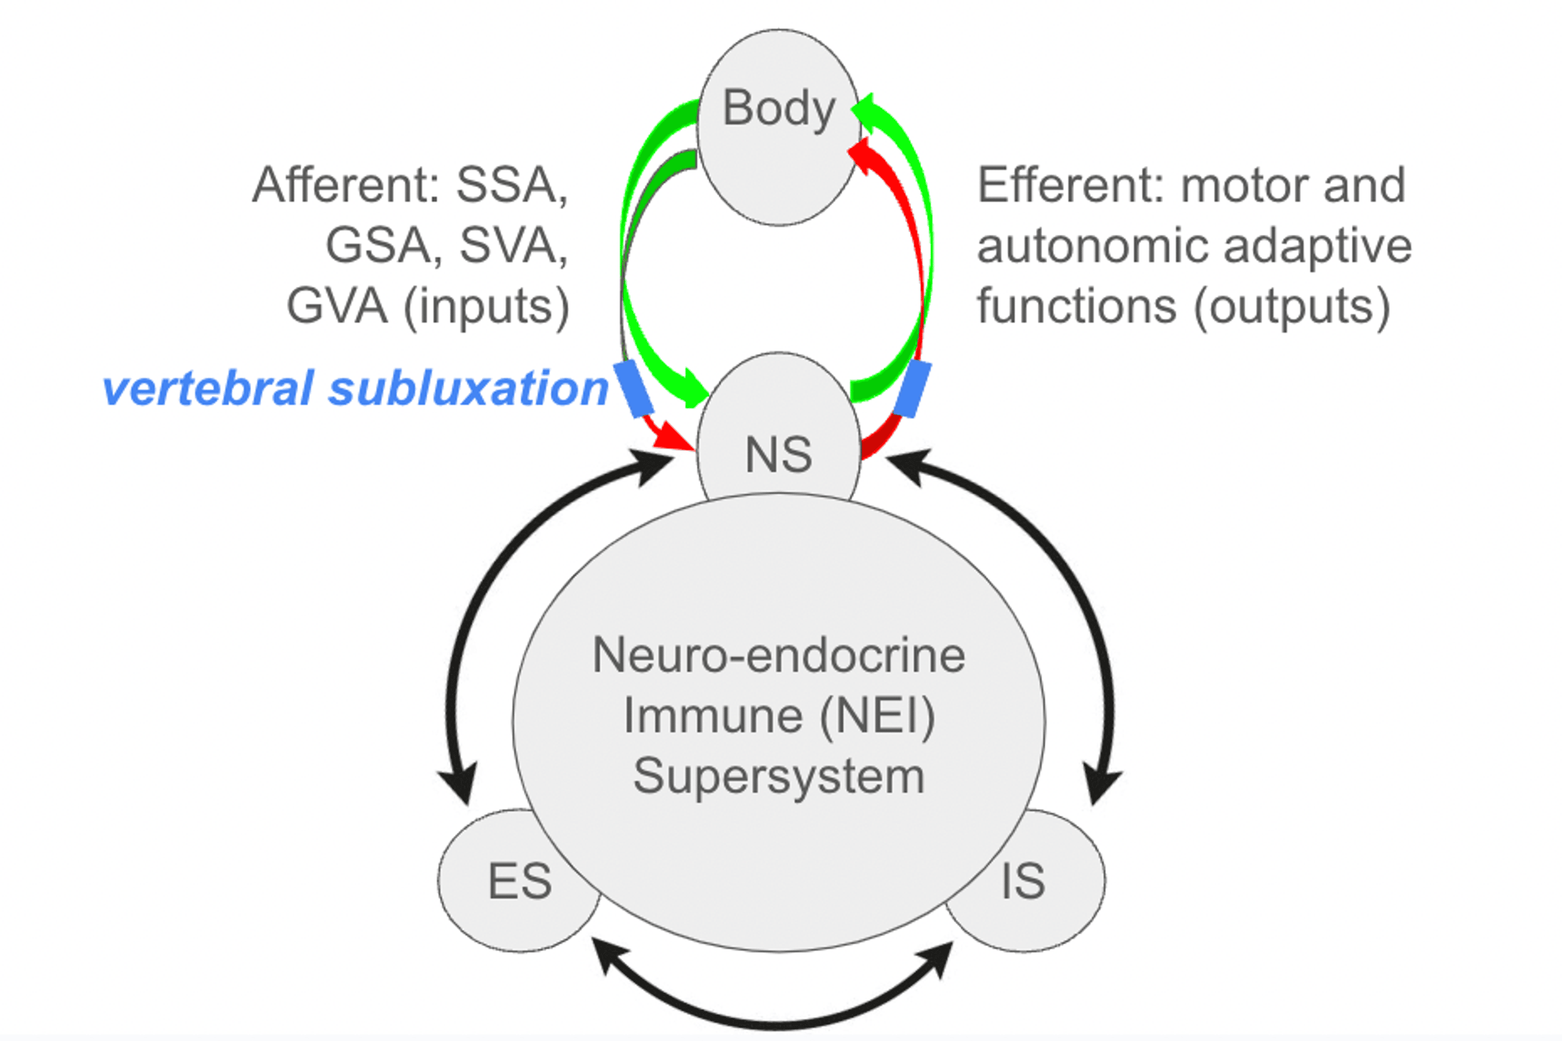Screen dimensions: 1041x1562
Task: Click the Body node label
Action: pos(778,108)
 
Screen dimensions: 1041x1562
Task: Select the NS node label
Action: pos(778,455)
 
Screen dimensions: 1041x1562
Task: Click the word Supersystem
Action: pos(778,777)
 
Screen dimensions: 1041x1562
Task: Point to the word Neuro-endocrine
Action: pos(778,656)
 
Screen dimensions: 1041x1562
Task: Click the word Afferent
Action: pos(345,185)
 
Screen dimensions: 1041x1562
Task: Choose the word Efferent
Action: pos(1070,185)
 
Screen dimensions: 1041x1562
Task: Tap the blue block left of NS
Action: pos(633,389)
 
